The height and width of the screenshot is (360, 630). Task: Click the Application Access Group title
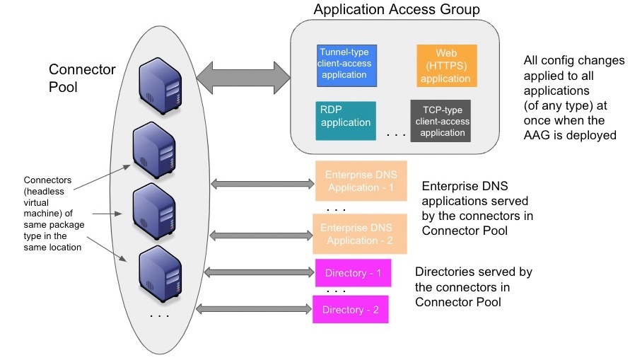click(x=397, y=10)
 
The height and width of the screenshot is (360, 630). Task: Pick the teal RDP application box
click(x=346, y=117)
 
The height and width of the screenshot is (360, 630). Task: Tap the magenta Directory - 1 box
click(x=352, y=273)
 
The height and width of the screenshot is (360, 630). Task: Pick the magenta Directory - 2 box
click(x=351, y=310)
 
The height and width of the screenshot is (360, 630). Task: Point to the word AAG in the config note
click(x=538, y=135)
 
